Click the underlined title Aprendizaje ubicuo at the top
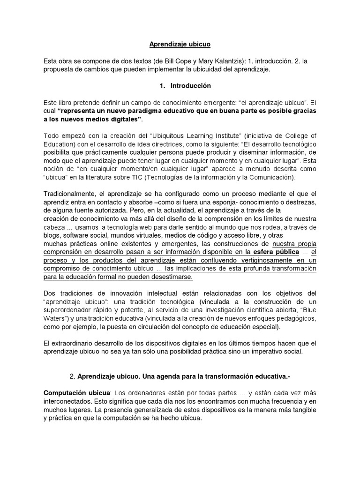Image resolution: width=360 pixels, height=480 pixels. pyautogui.click(x=180, y=45)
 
